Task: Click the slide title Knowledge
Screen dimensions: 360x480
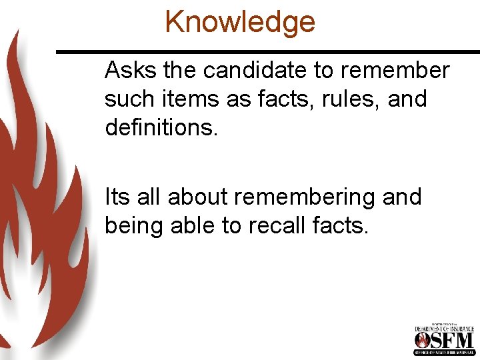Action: click(x=240, y=21)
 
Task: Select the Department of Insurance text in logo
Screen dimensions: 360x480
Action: click(x=444, y=329)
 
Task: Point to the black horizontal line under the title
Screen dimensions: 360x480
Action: click(x=267, y=51)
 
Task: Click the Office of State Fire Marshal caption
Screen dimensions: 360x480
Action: click(x=444, y=352)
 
